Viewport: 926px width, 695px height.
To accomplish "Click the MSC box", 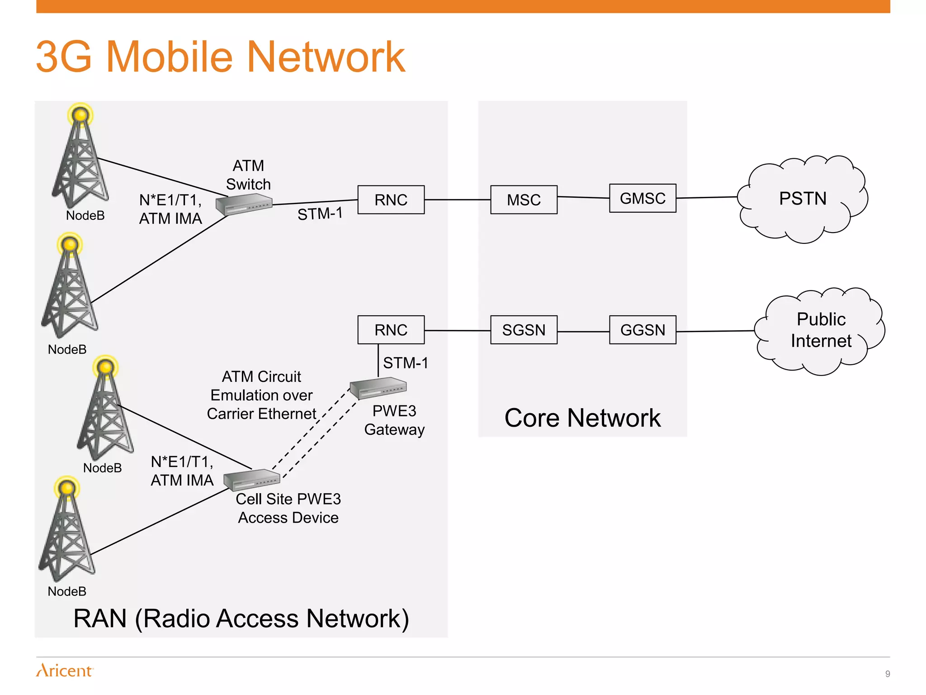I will pyautogui.click(x=524, y=200).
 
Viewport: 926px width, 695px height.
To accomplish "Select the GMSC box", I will pyautogui.click(x=643, y=198).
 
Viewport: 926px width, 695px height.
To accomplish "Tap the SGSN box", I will pyautogui.click(x=524, y=330).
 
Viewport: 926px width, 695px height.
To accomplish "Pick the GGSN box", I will pyautogui.click(x=643, y=330).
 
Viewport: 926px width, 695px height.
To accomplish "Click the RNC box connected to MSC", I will pyautogui.click(x=391, y=200).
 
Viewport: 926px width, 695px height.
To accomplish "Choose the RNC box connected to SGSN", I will pyautogui.click(x=391, y=330).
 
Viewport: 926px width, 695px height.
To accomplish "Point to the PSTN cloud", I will pyautogui.click(x=803, y=199).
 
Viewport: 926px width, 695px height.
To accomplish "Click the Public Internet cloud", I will pyautogui.click(x=821, y=330).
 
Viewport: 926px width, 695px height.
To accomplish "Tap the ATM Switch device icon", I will pyautogui.click(x=244, y=204).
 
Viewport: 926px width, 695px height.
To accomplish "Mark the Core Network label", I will pyautogui.click(x=582, y=418).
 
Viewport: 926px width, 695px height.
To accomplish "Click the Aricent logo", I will pyautogui.click(x=65, y=670).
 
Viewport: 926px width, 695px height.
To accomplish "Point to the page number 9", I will pyautogui.click(x=888, y=674).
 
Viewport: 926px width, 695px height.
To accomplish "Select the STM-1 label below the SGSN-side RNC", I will pyautogui.click(x=406, y=363).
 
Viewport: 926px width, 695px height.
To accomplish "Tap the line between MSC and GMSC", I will pyautogui.click(x=583, y=197).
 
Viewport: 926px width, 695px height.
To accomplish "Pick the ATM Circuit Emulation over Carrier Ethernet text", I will pyautogui.click(x=261, y=395).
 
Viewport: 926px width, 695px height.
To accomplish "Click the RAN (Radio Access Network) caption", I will pyautogui.click(x=241, y=619).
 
